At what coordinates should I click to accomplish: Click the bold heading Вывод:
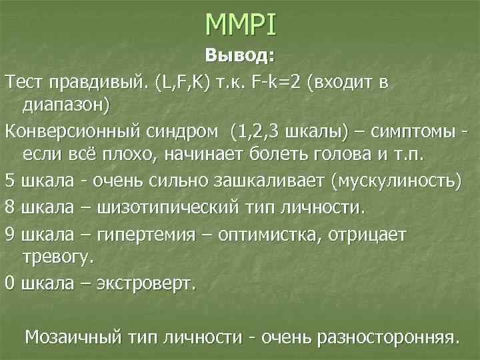pyautogui.click(x=239, y=55)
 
